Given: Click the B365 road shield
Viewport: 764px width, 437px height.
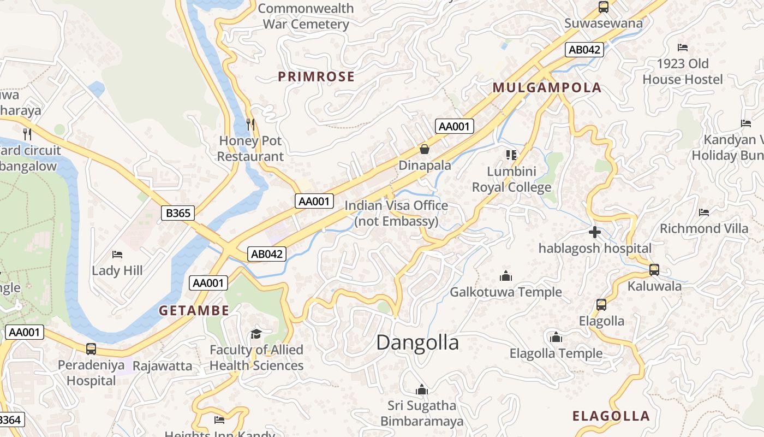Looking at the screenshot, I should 178,212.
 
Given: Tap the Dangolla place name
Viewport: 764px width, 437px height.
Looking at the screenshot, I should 417,342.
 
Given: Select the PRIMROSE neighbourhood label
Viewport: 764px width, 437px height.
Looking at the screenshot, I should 317,77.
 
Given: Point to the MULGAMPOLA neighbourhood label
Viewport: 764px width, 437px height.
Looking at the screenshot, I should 547,88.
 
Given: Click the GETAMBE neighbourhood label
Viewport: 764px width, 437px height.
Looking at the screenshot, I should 194,311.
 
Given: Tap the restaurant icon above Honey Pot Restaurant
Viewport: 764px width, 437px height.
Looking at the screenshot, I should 250,125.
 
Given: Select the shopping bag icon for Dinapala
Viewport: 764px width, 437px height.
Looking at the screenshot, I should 425,149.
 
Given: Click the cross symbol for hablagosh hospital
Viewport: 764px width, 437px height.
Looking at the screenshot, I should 595,233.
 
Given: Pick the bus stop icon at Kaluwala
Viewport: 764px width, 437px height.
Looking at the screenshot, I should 654,270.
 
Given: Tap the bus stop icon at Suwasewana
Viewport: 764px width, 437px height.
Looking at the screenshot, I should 603,7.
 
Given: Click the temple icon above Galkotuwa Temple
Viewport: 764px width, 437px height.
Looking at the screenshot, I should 506,276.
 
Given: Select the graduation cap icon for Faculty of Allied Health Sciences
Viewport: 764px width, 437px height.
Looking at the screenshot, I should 256,334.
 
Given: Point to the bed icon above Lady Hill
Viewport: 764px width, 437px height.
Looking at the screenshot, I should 117,255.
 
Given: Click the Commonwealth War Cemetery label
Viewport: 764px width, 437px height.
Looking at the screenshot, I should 306,16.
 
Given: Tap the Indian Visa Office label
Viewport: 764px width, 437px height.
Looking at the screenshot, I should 396,214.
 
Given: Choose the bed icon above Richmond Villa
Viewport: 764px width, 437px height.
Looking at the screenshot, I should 704,212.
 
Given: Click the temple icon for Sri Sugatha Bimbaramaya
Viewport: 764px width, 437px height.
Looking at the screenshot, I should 421,390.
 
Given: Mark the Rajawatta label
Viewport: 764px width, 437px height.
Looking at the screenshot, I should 163,366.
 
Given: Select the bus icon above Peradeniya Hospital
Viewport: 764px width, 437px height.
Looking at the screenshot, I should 91,349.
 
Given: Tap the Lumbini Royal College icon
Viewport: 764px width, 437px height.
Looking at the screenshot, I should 511,155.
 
